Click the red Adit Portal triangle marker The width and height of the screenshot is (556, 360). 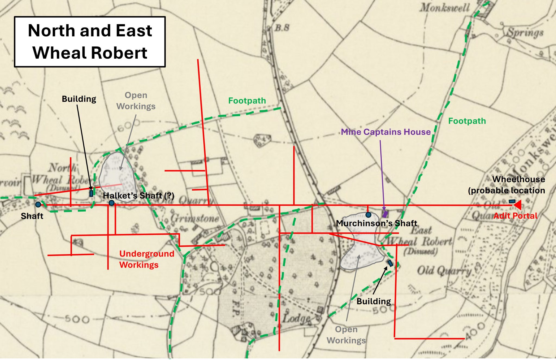click(517, 205)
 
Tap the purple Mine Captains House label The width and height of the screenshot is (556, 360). click(386, 132)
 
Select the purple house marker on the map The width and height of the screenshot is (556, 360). click(385, 214)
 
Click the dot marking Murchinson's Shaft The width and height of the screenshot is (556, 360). click(368, 215)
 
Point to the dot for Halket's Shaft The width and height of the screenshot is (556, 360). click(111, 203)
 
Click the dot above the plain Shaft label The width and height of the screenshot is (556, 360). click(38, 204)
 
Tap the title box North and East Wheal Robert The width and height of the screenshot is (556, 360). click(90, 42)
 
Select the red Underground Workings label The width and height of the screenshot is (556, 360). click(147, 259)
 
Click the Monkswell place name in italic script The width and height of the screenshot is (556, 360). click(445, 8)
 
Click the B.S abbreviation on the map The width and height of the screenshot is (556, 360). click(282, 27)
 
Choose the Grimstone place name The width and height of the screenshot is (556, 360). click(195, 218)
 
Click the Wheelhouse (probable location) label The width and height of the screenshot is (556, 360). click(507, 185)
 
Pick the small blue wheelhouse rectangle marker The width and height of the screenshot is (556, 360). click(512, 201)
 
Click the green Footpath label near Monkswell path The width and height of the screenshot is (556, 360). click(467, 121)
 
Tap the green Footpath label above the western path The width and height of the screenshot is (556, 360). click(247, 101)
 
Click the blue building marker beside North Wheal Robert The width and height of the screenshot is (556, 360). click(91, 193)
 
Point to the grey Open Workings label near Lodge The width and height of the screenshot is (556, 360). click(346, 334)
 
